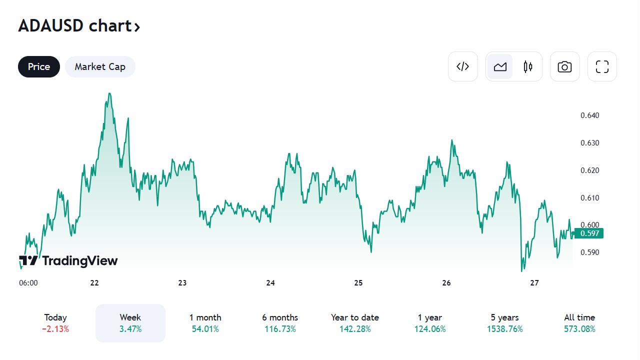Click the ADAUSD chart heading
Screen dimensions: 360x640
pos(79,26)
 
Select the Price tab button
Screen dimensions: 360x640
pos(39,67)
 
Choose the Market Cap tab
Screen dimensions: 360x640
pos(100,67)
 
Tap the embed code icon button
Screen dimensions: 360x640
pos(463,66)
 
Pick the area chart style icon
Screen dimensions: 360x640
pos(500,66)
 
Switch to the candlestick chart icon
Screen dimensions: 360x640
pos(528,66)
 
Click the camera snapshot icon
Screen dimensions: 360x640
pos(565,66)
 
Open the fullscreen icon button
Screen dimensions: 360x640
pos(602,66)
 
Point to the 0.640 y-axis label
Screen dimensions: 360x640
pos(589,115)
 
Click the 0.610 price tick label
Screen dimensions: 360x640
pos(589,198)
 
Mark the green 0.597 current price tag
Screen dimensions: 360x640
pos(589,233)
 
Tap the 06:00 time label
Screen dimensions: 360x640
pos(28,283)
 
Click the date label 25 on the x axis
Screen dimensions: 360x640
pos(358,283)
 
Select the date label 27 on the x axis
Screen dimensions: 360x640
pos(534,283)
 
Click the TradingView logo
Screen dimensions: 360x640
pos(68,260)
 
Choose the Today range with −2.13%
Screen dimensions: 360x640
pos(55,323)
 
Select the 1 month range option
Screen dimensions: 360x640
pos(205,323)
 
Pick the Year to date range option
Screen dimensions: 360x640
pos(355,323)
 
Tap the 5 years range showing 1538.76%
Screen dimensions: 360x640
pos(504,323)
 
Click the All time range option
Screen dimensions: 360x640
pos(579,323)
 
